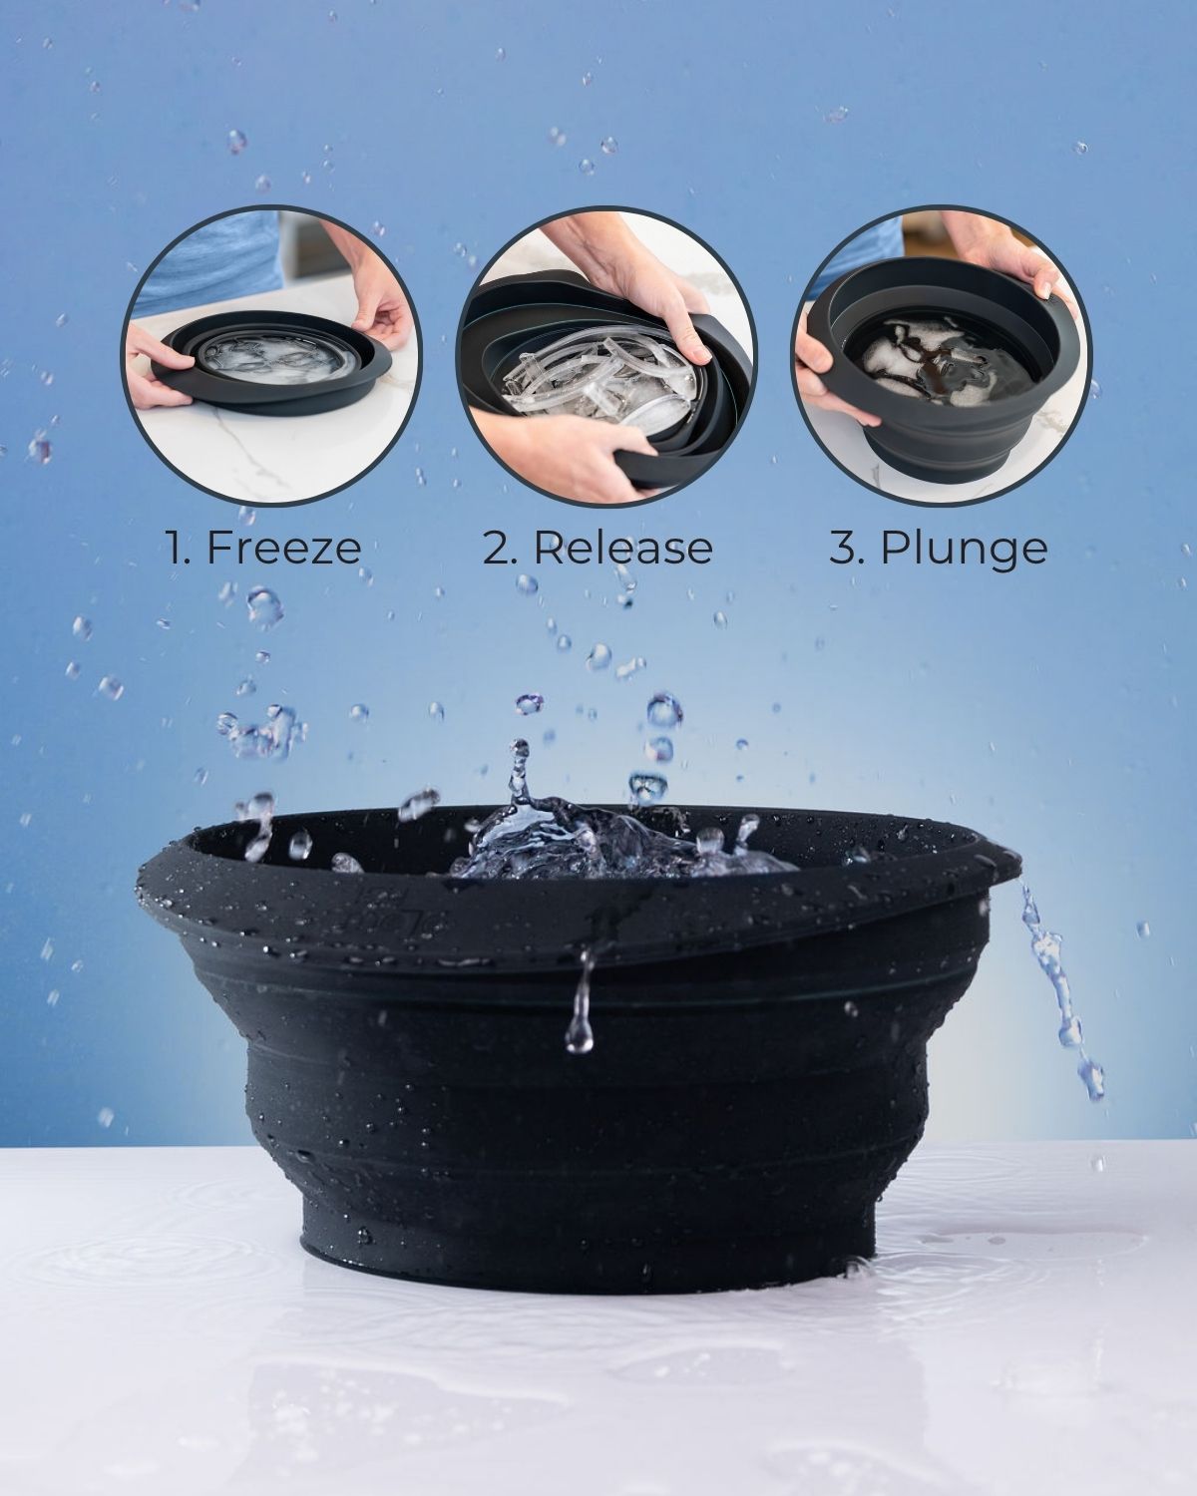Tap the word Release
pyautogui.click(x=622, y=548)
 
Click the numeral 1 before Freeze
pyautogui.click(x=177, y=548)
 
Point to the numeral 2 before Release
pyautogui.click(x=496, y=548)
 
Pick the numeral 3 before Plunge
pyautogui.click(x=843, y=548)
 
